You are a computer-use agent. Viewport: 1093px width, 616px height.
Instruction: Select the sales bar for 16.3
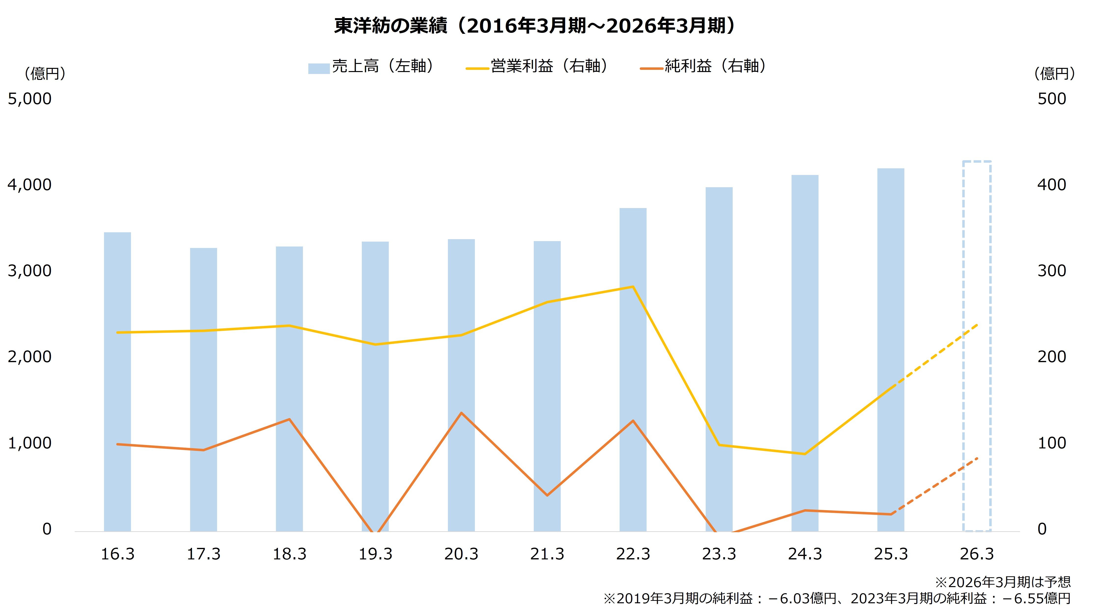point(117,382)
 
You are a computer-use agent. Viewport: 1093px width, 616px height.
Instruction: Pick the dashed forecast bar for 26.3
point(977,345)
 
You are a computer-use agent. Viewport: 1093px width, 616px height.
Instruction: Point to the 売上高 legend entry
point(371,67)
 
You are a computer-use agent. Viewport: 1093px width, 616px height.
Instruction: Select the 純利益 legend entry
point(704,67)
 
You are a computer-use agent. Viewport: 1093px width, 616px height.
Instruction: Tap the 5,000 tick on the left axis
point(30,99)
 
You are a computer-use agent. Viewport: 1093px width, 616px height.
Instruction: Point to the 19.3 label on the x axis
point(376,554)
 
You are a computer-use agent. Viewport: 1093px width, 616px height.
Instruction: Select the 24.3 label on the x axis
point(805,554)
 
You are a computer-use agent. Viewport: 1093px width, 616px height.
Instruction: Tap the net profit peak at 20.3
point(461,413)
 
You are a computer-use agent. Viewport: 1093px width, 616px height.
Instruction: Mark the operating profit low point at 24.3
point(805,454)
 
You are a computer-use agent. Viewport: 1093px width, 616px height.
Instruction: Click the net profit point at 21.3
point(547,495)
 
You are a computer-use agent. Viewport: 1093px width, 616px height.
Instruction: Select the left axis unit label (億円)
point(45,74)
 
